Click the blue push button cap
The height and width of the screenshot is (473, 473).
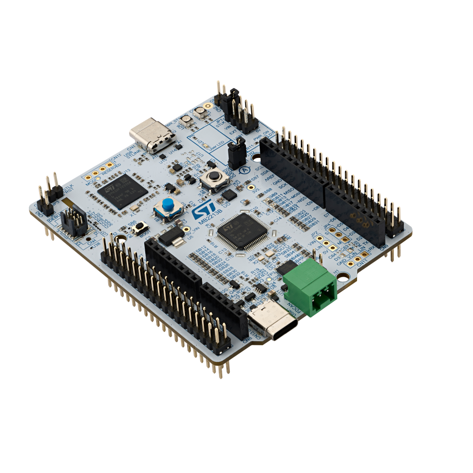tap(166, 205)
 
